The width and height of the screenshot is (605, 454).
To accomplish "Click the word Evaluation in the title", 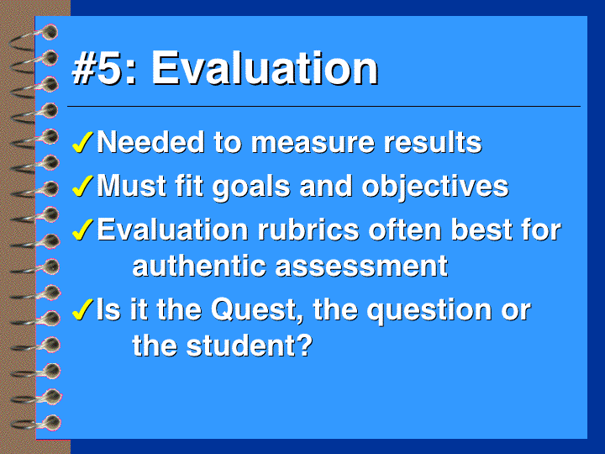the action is (265, 68).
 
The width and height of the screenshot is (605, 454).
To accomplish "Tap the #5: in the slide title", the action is (104, 68).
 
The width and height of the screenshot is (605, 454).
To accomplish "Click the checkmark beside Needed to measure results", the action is (82, 142).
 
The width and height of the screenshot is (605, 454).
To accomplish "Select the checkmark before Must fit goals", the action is (82, 186).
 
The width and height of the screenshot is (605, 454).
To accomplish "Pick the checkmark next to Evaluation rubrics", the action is (82, 230).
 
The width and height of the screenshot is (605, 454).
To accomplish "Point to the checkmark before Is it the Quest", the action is (82, 309).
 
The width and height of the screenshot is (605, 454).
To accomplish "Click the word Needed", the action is (150, 142).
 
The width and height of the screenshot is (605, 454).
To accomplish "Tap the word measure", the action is (313, 143).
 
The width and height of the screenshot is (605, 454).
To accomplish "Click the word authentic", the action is (199, 267).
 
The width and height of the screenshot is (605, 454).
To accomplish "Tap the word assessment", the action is (361, 267).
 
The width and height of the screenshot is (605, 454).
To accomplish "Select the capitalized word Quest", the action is (256, 309).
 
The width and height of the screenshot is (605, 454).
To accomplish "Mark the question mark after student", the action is (305, 346).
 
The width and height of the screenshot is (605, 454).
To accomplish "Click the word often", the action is (405, 230).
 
